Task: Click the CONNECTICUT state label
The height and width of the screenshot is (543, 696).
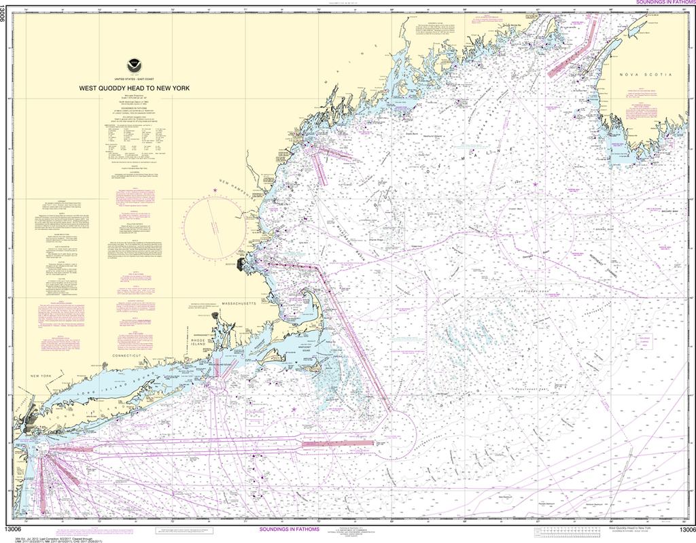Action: pos(127,355)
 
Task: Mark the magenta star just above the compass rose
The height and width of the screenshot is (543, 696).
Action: pos(216,190)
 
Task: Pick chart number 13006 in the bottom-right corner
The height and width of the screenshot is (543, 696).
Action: pos(683,529)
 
